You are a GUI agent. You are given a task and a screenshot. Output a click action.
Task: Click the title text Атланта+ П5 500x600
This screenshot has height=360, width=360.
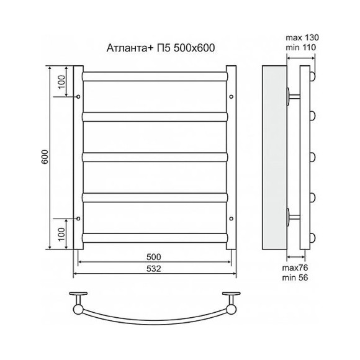161,48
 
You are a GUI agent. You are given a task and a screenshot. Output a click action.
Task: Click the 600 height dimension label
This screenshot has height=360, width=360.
45,157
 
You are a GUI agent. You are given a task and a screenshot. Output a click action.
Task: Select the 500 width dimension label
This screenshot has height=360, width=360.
154,257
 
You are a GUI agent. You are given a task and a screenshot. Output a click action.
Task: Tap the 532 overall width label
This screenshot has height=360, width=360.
154,269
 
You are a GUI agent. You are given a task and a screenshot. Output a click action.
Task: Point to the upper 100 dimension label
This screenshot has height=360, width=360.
61,82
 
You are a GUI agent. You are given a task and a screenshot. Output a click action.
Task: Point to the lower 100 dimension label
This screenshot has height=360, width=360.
61,234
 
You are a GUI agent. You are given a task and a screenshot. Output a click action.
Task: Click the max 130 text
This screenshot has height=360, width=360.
302,37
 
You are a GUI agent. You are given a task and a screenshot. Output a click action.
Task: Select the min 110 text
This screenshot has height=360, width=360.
301,48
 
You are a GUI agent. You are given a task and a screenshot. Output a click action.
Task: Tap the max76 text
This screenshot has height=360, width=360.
295,268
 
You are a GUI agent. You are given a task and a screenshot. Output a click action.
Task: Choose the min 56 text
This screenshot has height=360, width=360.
295,278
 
